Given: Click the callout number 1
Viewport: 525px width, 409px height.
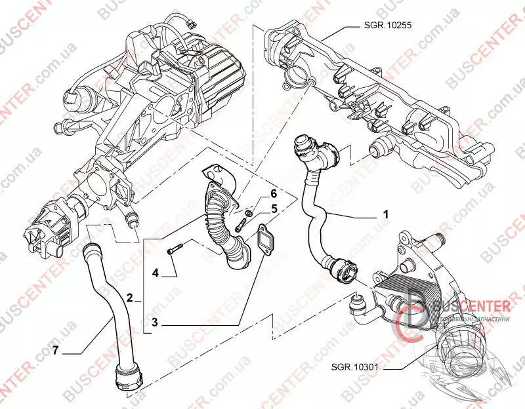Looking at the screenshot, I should point(386,214).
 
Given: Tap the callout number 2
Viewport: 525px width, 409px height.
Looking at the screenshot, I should point(130,298).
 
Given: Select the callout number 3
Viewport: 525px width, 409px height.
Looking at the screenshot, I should point(155,322).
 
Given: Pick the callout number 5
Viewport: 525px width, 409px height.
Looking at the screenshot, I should point(275,209).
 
